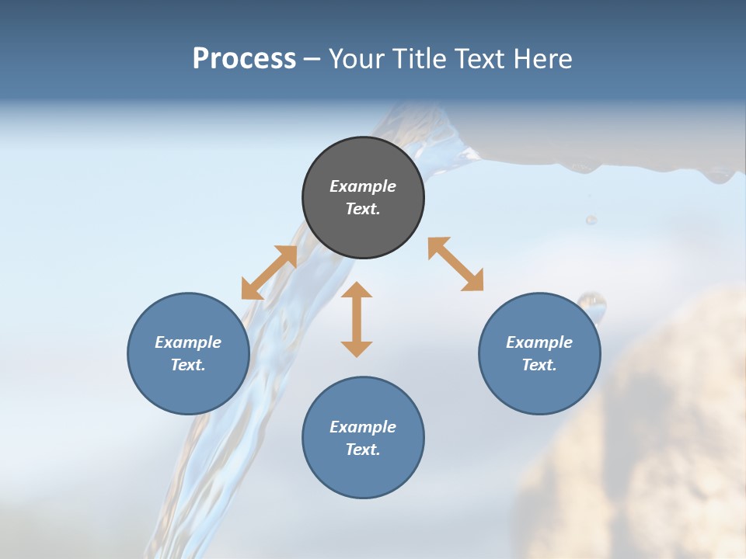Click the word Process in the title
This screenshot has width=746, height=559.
(x=244, y=59)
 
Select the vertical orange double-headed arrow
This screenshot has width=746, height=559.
(x=357, y=319)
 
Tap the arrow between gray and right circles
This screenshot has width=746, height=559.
(x=455, y=264)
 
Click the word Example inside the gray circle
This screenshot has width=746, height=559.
(x=363, y=186)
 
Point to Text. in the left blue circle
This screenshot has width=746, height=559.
(x=188, y=365)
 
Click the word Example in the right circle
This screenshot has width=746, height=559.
(x=539, y=342)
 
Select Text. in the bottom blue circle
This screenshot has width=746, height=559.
(x=363, y=450)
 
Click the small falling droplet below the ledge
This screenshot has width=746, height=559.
(x=591, y=220)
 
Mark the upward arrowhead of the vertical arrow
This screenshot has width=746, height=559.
(x=357, y=290)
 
